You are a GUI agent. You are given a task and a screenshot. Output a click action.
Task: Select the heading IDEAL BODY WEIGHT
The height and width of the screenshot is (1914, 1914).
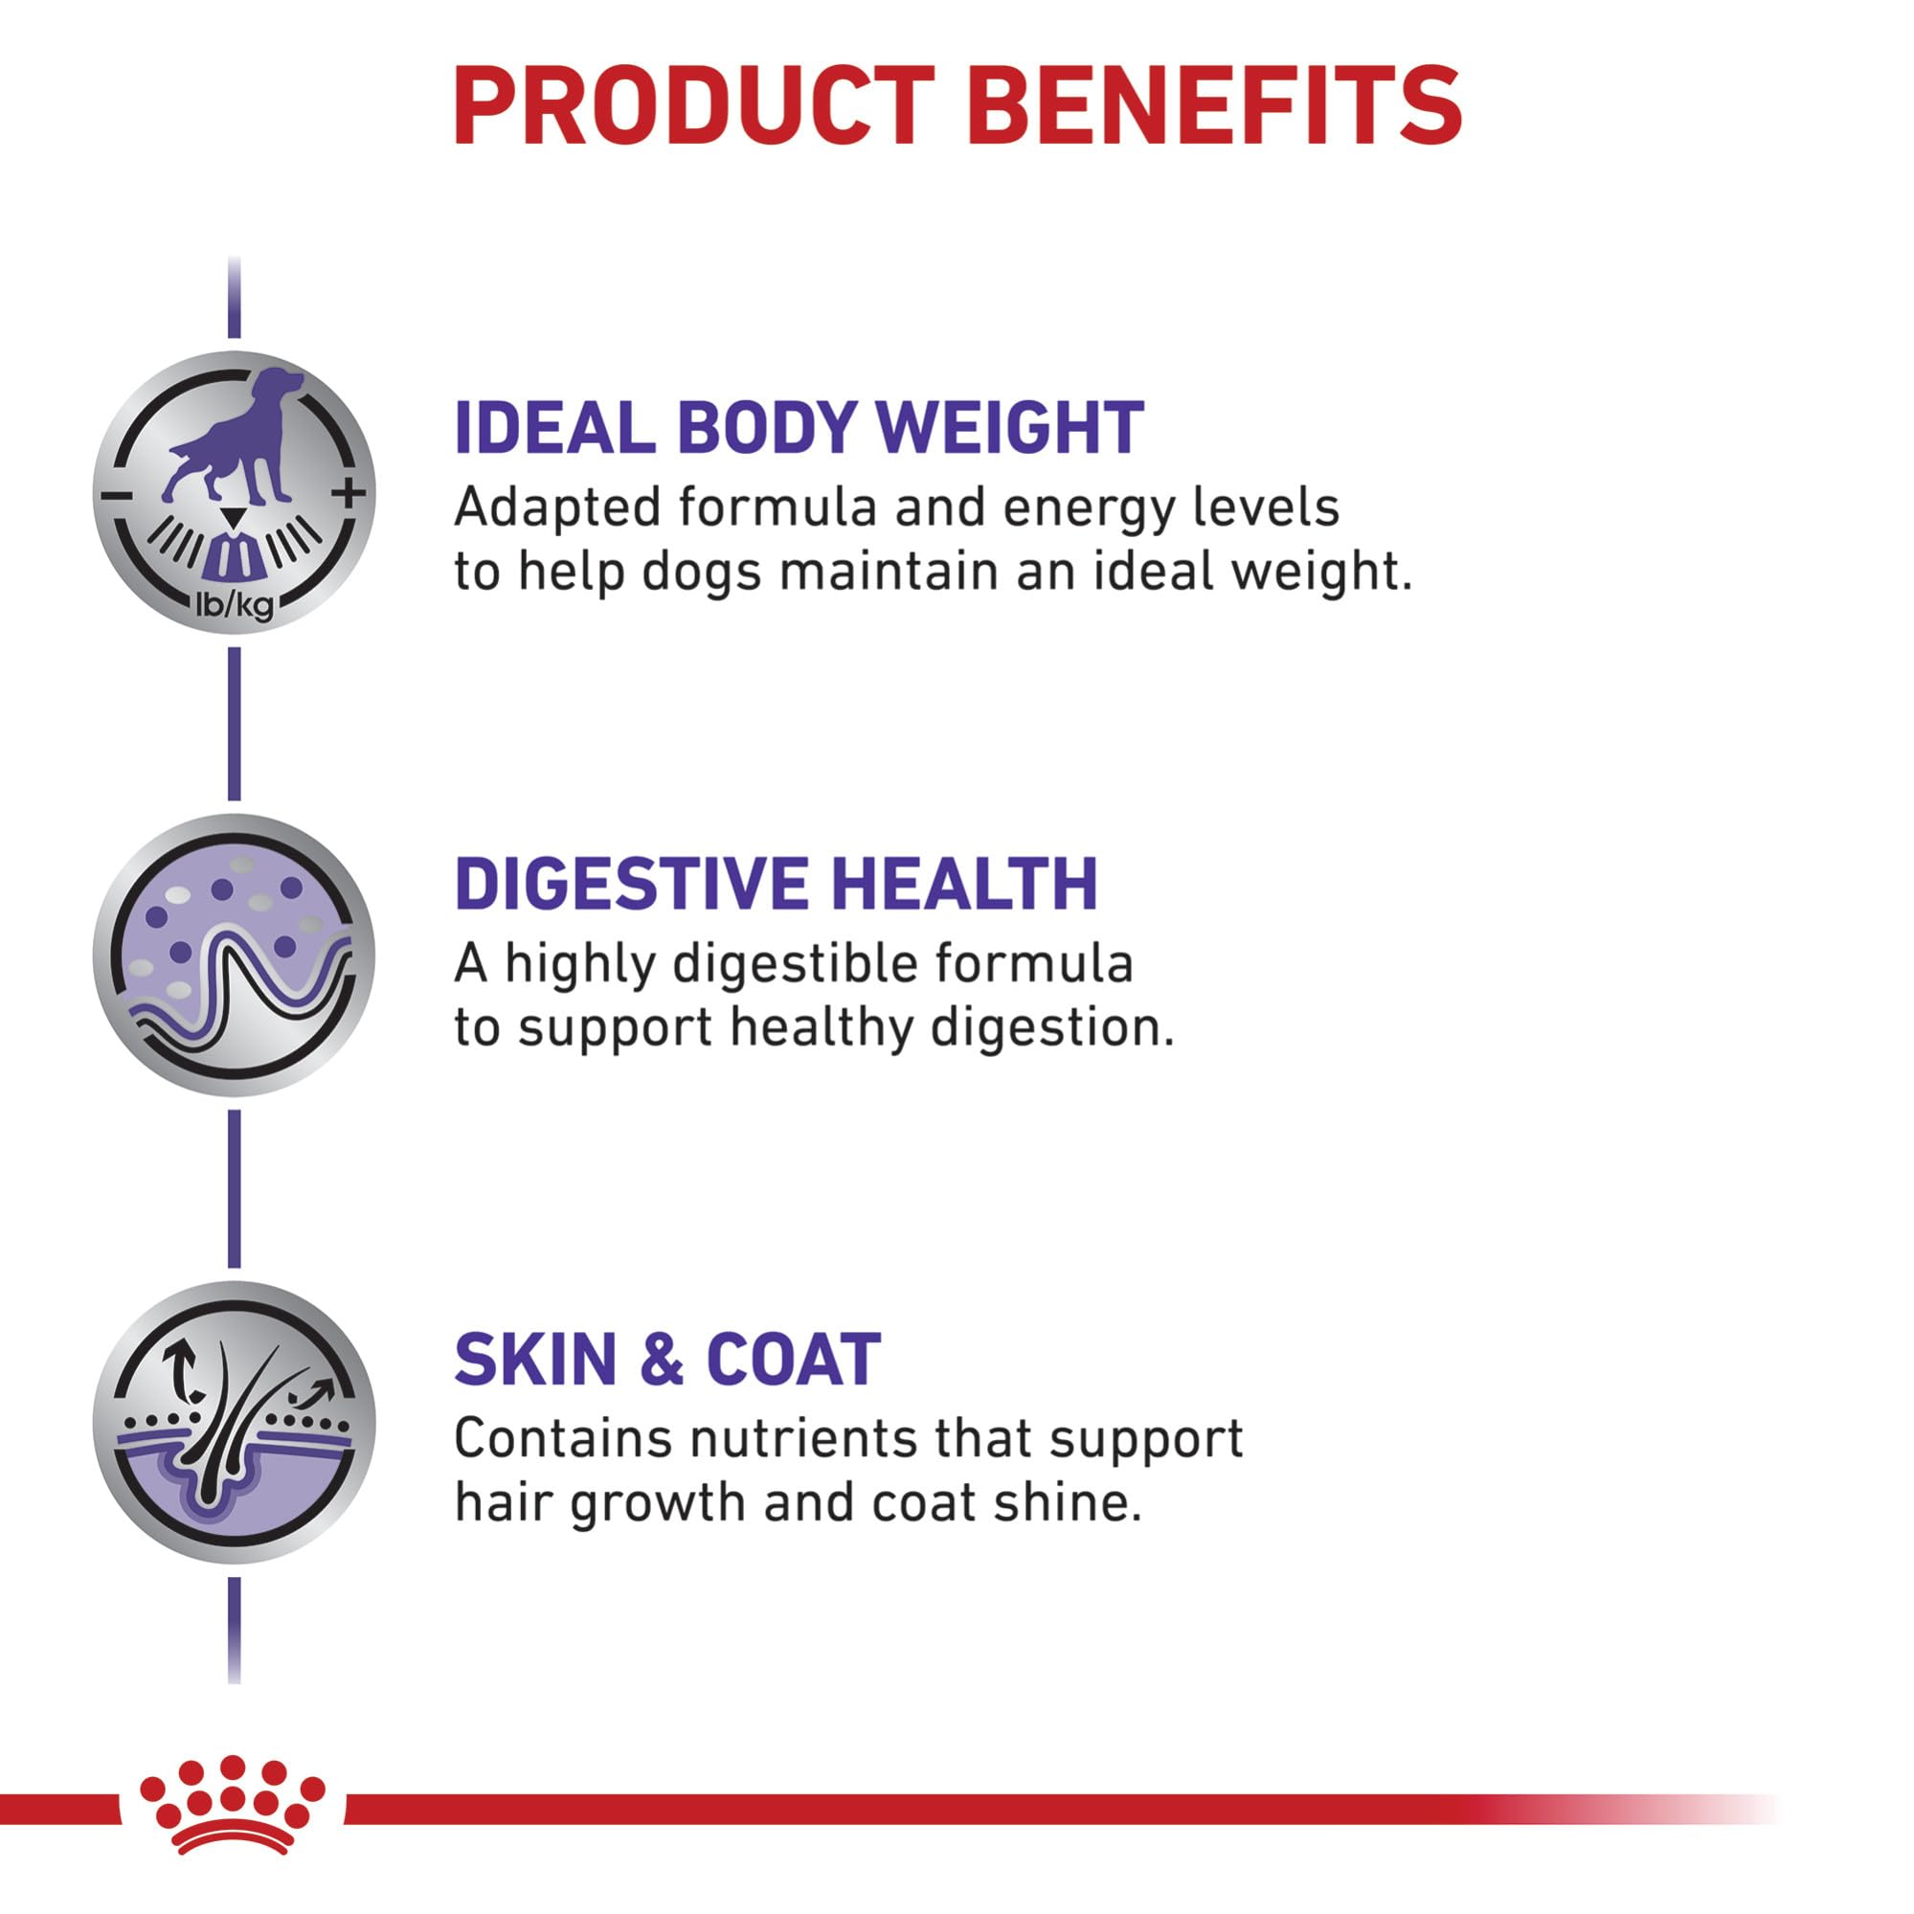[799, 428]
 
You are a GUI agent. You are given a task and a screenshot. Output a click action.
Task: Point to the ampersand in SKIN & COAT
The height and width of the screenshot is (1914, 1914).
[662, 1360]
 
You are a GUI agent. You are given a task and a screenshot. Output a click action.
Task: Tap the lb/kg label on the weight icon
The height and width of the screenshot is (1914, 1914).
[235, 603]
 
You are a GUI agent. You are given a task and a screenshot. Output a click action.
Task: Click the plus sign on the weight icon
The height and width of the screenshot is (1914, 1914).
[348, 492]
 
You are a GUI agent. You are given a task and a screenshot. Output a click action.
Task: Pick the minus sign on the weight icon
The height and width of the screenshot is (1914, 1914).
[117, 494]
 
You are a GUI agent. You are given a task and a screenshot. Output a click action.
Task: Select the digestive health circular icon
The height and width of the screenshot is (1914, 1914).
[235, 955]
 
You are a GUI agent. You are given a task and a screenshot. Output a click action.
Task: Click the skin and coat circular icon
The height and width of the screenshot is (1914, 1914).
[235, 1422]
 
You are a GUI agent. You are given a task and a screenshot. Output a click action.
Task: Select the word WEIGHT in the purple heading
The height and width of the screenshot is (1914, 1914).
[1009, 428]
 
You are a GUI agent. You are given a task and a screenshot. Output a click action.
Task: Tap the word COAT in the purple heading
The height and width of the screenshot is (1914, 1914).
[794, 1360]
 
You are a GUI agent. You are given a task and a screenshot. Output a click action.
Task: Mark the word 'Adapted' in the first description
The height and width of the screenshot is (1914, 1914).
[558, 509]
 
